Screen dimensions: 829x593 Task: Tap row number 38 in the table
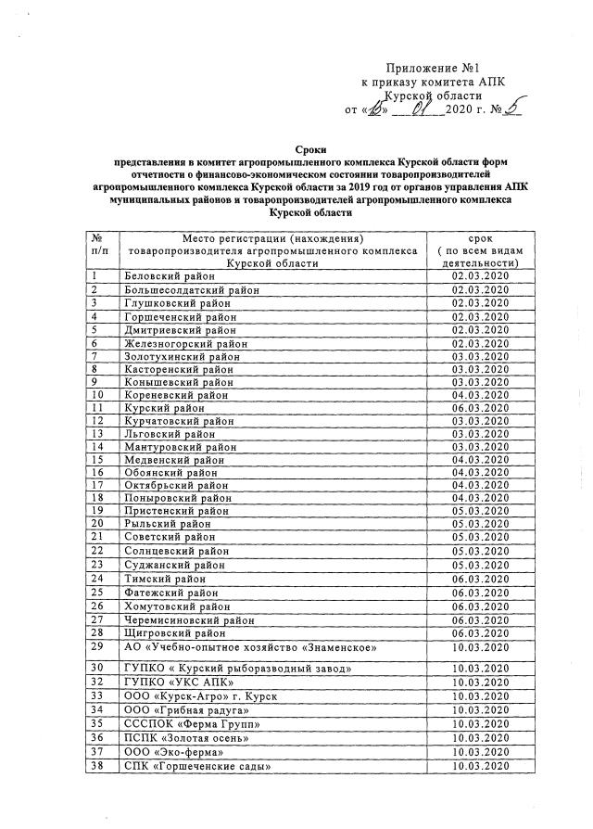coord(97,766)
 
